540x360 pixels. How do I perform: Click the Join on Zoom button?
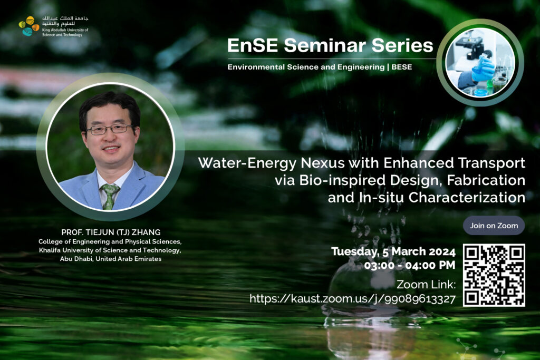(x=494, y=226)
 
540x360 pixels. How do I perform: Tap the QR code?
(x=494, y=275)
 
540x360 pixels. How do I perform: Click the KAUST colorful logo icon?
(x=29, y=26)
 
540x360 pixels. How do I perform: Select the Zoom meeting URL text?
(x=352, y=299)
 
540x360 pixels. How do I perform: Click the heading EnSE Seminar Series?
(x=330, y=45)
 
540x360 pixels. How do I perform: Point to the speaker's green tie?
(x=110, y=196)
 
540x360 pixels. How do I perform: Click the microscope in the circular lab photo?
(x=469, y=46)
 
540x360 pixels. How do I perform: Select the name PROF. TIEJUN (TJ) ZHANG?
(x=111, y=232)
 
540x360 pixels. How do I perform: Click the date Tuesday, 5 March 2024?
(x=393, y=251)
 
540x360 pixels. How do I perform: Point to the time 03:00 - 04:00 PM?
(x=409, y=265)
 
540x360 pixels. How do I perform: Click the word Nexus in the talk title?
(x=323, y=163)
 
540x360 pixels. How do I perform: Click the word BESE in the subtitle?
(x=401, y=67)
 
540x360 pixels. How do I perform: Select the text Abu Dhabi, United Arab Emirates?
(x=111, y=259)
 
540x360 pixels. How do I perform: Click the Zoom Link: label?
(x=426, y=285)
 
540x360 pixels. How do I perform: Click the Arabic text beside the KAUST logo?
(x=65, y=21)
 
